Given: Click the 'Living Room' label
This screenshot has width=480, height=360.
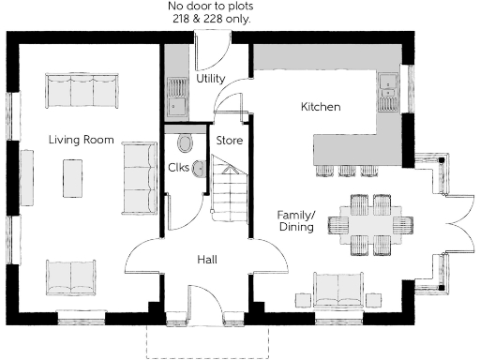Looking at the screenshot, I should coord(82,140).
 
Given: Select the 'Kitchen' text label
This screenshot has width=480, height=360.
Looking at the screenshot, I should coord(320,107).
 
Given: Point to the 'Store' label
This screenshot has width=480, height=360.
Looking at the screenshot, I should coord(230,140).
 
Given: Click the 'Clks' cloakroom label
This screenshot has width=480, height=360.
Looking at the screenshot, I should coord(178,168).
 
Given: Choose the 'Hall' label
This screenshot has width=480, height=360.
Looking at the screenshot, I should coord(207,258).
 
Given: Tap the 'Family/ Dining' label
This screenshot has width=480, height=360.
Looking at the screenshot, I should coord(296,221).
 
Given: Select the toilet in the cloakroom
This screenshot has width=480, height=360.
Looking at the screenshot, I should coord(185,143).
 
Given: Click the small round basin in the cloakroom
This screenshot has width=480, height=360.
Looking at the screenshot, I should coord(198,170).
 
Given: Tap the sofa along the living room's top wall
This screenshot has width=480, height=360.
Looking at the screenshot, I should coord(82,90).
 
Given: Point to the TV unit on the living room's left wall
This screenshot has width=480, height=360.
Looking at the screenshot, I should coord(26,177).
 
